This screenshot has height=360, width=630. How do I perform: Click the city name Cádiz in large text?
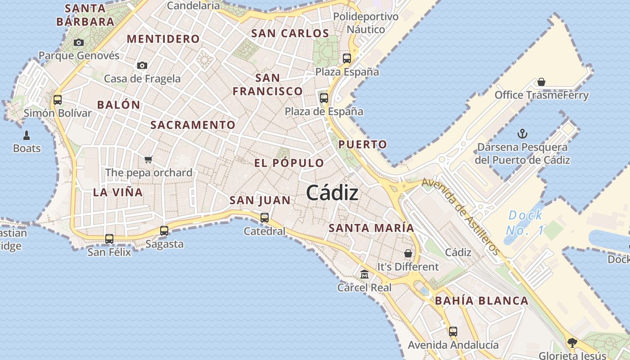tap(332, 193)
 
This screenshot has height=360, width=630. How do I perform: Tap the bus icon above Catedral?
tap(265, 218)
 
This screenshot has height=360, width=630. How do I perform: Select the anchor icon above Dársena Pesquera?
tap(522, 134)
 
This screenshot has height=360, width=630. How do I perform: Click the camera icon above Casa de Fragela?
tap(142, 66)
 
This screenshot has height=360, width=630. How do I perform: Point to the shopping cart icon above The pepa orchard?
tap(148, 159)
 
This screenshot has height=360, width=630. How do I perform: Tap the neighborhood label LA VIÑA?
tap(118, 192)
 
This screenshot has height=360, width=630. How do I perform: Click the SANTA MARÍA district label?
tap(371, 228)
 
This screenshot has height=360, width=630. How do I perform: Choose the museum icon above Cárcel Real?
tap(364, 274)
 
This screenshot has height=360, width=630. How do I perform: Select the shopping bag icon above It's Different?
tap(408, 253)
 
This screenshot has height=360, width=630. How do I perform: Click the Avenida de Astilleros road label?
tap(461, 216)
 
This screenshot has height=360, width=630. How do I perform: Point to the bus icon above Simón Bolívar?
tap(58, 99)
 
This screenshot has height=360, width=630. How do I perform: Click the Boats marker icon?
tap(27, 135)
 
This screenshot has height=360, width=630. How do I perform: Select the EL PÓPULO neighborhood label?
tap(289, 163)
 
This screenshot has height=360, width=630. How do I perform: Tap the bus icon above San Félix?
tap(109, 239)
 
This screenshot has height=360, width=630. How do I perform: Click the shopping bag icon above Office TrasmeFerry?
tap(541, 82)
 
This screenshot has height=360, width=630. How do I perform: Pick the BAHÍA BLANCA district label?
tap(481, 301)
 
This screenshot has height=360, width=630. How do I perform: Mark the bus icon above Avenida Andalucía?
tap(453, 332)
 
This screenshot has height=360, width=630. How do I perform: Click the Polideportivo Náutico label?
tap(366, 23)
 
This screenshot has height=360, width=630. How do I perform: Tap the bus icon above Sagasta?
tap(164, 231)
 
